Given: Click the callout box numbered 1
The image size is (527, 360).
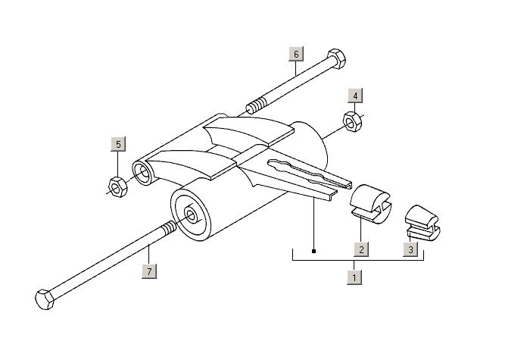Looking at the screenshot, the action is click(354, 277).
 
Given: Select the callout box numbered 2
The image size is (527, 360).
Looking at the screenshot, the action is click(361, 249).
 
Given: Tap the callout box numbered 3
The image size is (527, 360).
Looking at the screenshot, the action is click(410, 249).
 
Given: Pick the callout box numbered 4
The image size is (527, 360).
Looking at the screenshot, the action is click(355, 96).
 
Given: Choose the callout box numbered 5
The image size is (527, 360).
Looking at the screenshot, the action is click(118, 144).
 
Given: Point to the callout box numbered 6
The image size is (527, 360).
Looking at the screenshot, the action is click(296, 54).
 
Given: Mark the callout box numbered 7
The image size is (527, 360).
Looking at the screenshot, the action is click(149, 271).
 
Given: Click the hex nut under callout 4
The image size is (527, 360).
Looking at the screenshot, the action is click(352, 122).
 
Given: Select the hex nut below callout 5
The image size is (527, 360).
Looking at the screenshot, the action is click(117, 187).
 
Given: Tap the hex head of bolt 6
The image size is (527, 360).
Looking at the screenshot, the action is click(336, 59).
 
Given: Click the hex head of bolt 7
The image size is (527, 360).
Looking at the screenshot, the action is click(45, 299).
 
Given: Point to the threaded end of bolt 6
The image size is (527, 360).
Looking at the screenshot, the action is click(256, 105).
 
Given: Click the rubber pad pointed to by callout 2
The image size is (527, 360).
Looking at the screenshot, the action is click(370, 204).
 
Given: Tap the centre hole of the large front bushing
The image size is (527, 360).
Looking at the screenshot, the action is click(192, 216).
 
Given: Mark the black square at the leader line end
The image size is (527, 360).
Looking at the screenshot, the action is click(313, 251).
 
